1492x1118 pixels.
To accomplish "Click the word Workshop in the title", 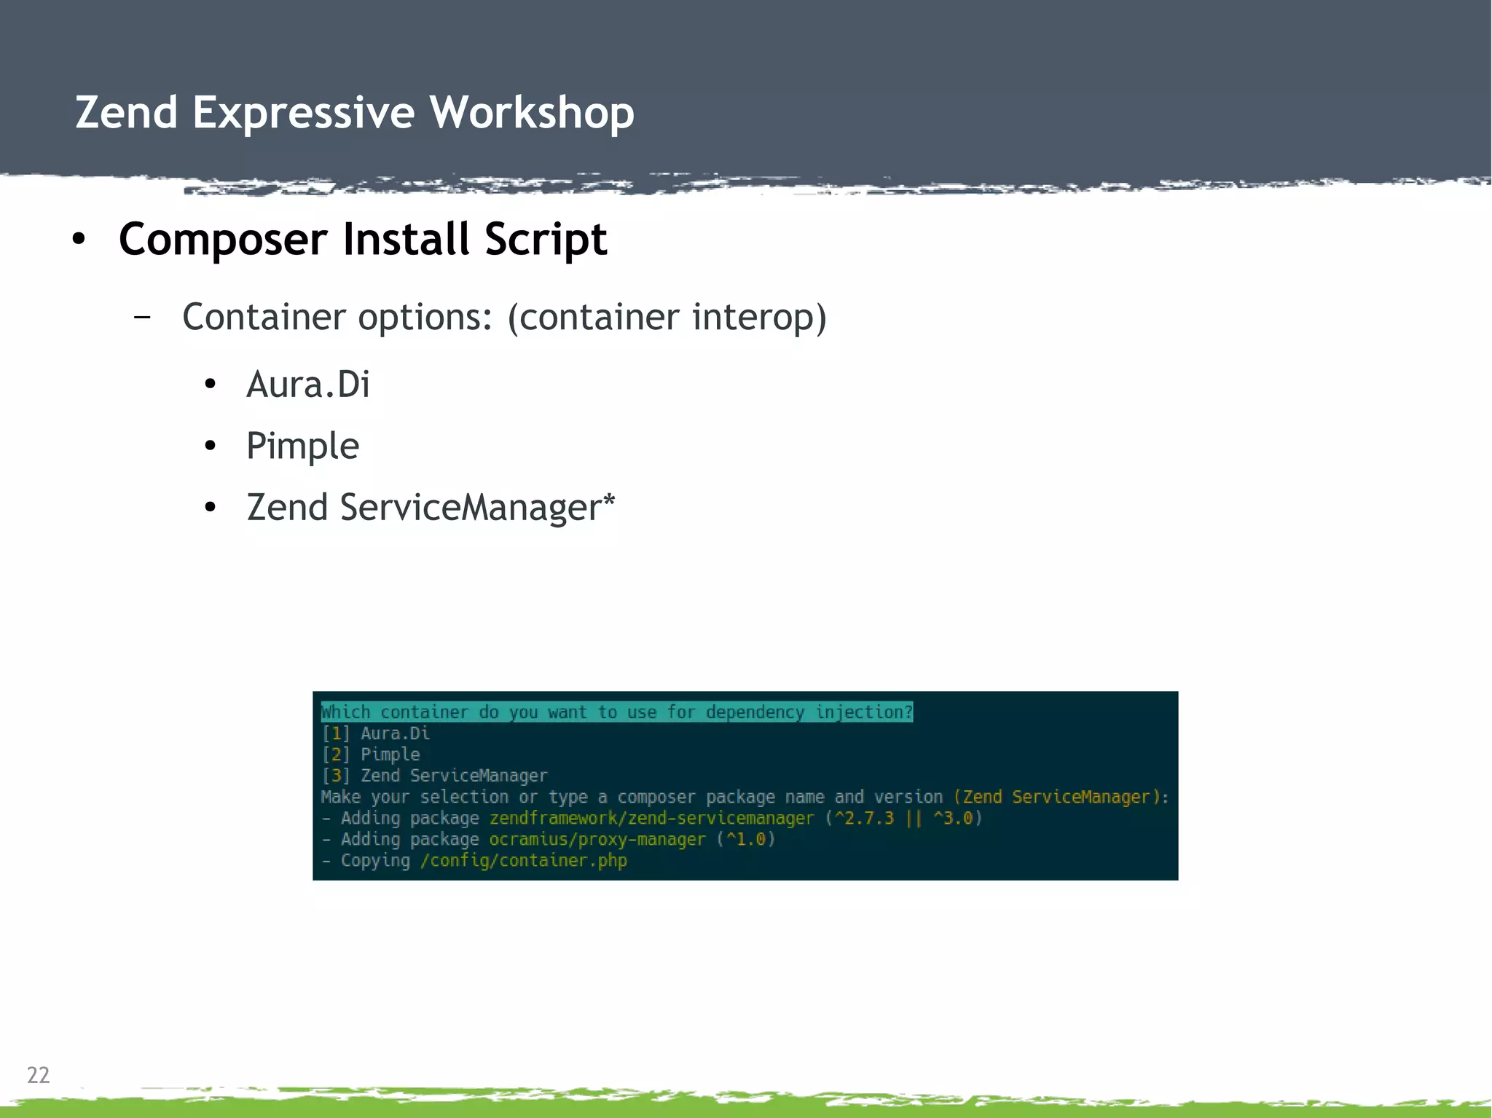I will (x=531, y=113).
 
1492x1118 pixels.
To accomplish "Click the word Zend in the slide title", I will (x=126, y=113).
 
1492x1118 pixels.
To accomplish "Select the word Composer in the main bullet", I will (x=223, y=240).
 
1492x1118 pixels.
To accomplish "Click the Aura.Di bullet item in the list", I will (x=308, y=385).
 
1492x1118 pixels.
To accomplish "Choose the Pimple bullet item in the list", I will (x=302, y=446).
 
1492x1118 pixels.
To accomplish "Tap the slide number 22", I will (x=38, y=1075).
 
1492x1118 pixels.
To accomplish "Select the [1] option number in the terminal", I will (x=336, y=733).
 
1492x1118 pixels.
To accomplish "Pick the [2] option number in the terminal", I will (x=336, y=755).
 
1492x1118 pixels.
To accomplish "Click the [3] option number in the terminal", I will (x=336, y=776).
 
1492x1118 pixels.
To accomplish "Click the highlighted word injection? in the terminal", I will (x=864, y=712).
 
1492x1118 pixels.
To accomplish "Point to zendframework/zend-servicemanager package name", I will (x=651, y=819).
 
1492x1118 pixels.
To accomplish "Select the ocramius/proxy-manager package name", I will (x=597, y=840).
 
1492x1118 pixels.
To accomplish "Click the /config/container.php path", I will (x=523, y=861).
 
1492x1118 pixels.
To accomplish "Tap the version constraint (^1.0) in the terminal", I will (x=746, y=840).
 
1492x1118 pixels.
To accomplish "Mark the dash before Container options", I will (x=143, y=317).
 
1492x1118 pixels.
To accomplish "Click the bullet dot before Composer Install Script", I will (x=79, y=239).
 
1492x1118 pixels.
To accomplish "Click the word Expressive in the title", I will (x=303, y=113).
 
